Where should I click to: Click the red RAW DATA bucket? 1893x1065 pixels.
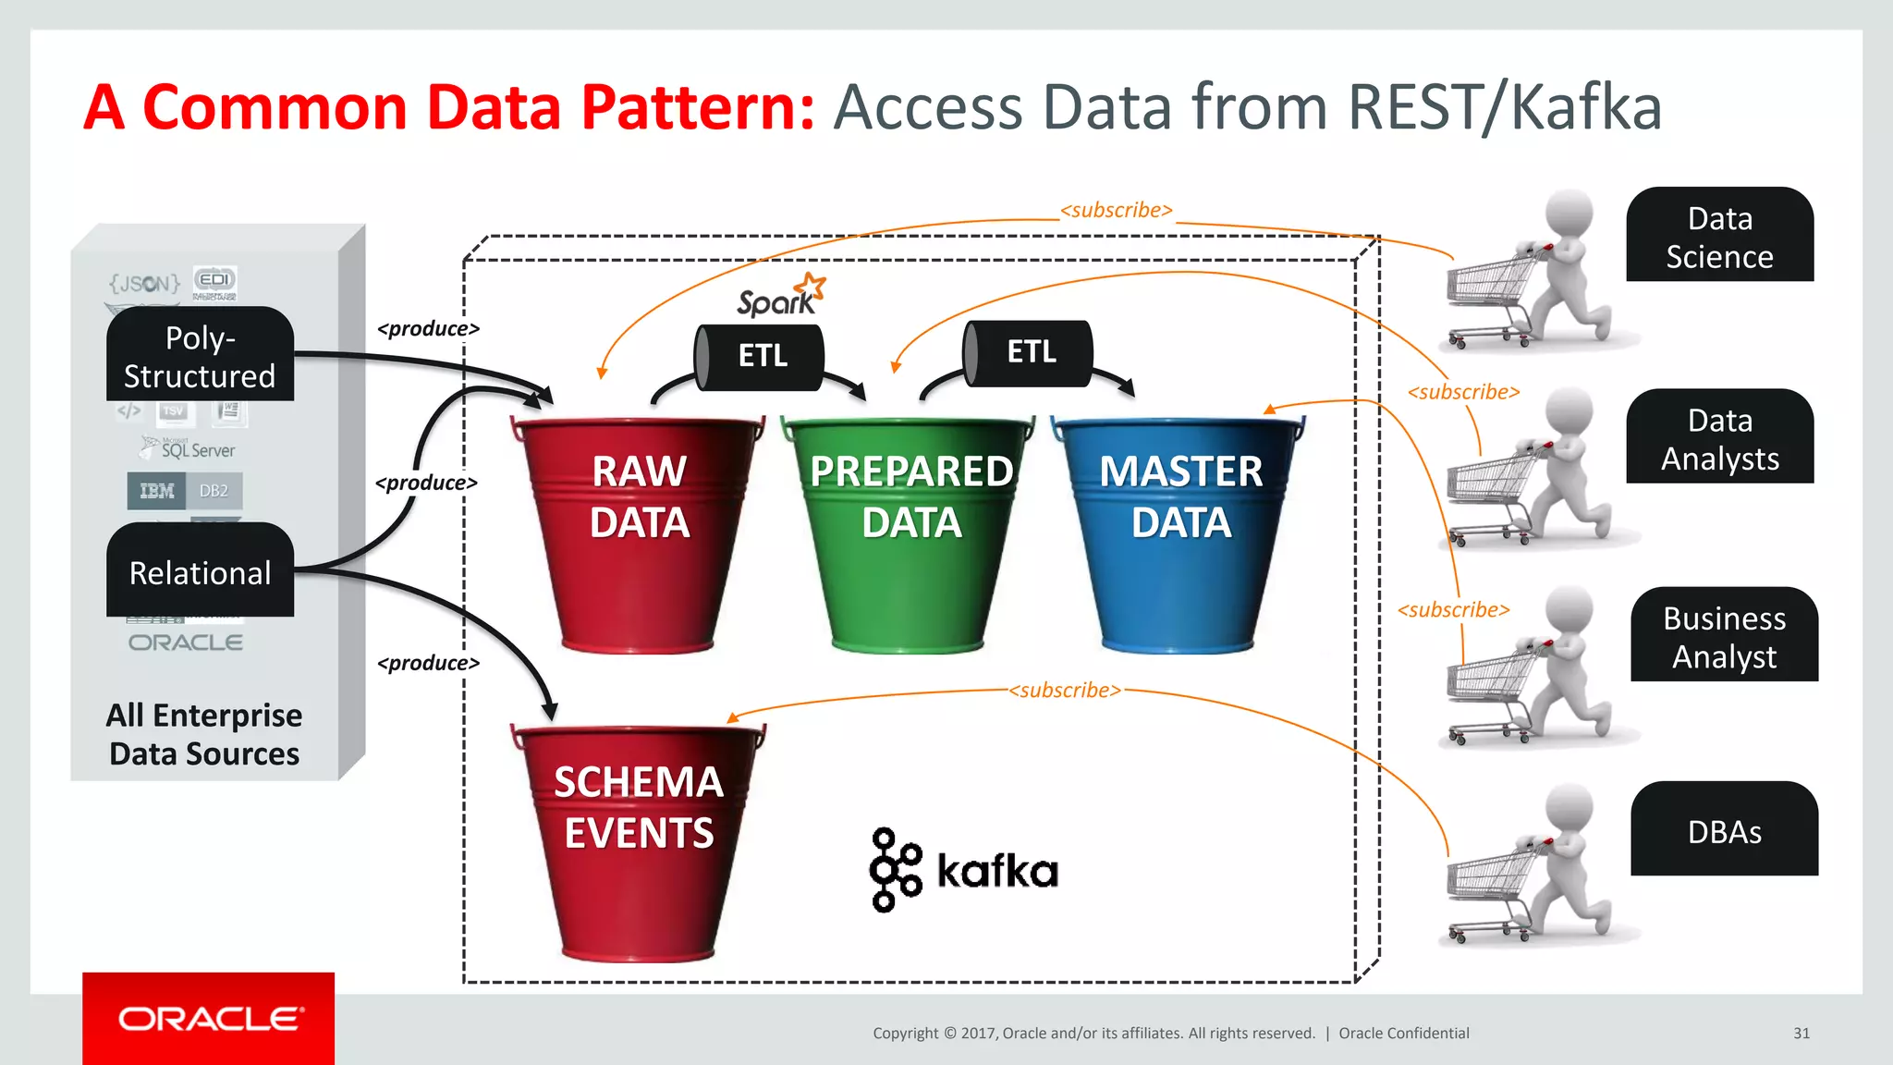(638, 536)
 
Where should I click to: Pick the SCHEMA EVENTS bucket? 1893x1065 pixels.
(638, 841)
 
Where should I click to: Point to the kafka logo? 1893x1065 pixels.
(963, 870)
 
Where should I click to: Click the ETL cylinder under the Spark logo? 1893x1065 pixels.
(760, 356)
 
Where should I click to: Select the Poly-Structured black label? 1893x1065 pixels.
(200, 356)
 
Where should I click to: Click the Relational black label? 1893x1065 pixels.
(200, 571)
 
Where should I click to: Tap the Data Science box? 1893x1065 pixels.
(1719, 236)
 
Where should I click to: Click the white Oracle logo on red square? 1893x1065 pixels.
(209, 1019)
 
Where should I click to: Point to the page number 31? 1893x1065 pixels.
(1801, 1034)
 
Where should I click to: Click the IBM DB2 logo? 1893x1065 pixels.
(185, 491)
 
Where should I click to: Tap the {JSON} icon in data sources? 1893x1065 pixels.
(144, 283)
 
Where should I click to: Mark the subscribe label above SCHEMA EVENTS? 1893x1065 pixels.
(1065, 691)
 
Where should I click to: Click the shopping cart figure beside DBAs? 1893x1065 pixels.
(1530, 869)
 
